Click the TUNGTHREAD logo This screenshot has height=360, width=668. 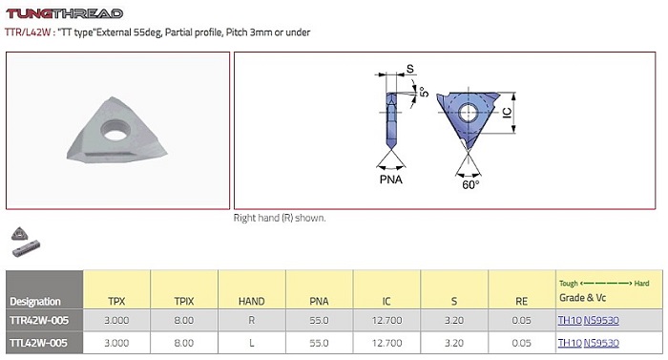click(x=64, y=13)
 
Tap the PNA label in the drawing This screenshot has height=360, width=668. click(x=390, y=180)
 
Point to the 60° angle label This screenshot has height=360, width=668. click(x=470, y=184)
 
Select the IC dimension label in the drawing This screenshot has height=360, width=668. click(x=507, y=113)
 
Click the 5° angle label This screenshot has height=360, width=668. click(x=424, y=92)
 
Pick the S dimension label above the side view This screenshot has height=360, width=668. click(x=409, y=69)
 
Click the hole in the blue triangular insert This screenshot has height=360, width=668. click(x=468, y=114)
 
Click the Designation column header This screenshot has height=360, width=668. click(x=35, y=302)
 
